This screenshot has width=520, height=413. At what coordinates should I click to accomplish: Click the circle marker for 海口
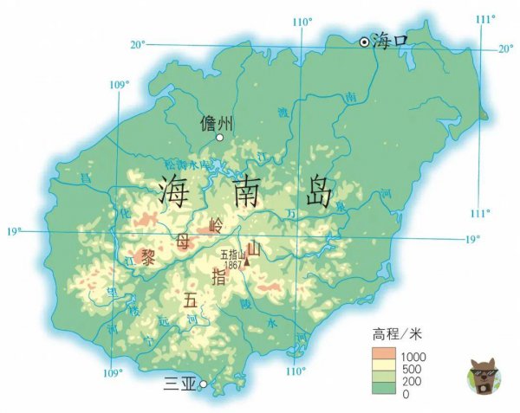[x=365, y=41]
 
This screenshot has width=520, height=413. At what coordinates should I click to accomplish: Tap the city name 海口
[x=389, y=39]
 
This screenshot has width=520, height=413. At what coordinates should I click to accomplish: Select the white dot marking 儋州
[x=220, y=138]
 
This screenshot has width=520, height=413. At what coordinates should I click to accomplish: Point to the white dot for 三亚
[x=202, y=384]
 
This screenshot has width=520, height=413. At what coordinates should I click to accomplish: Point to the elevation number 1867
[x=230, y=264]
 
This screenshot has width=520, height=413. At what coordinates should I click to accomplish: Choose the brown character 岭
[x=217, y=226]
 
